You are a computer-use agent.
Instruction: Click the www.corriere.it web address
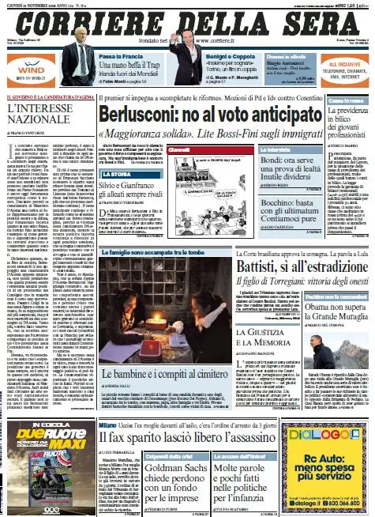pos(219,38)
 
